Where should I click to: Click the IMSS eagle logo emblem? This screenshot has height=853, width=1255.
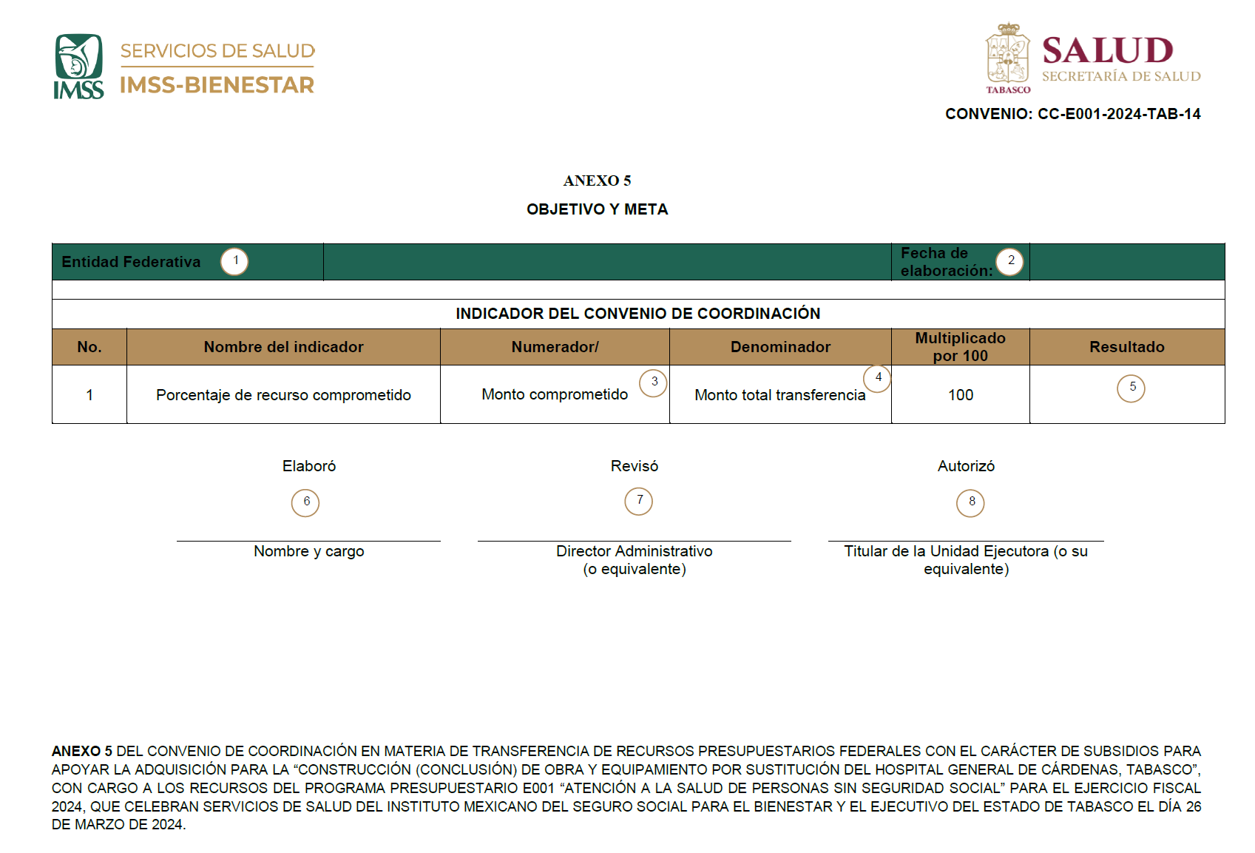[x=78, y=58]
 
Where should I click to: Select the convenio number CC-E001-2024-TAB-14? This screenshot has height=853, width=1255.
[x=1119, y=114]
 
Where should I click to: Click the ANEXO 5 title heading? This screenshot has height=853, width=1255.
[x=597, y=181]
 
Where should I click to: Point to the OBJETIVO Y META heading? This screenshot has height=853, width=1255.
[x=597, y=209]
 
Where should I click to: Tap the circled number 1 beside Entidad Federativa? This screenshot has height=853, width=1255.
[x=234, y=261]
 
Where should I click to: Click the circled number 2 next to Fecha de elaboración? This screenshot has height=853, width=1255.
[x=1009, y=261]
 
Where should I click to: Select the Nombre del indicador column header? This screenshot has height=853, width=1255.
[x=283, y=347]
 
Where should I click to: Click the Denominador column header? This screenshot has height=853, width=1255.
[x=780, y=347]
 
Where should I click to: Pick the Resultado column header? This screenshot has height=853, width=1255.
[x=1126, y=347]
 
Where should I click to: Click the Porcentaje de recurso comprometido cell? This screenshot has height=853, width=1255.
[x=283, y=395]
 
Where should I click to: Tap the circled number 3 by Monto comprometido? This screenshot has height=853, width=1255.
[x=653, y=382]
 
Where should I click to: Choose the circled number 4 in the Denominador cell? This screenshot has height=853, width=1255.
[x=877, y=378]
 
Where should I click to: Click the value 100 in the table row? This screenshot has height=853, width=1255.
[x=960, y=395]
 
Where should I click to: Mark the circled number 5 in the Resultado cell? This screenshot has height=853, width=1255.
[x=1131, y=388]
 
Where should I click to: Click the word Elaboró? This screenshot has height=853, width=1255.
[x=309, y=466]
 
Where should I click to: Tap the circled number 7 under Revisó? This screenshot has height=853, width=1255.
[x=639, y=501]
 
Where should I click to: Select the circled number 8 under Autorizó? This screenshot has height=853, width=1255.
[x=970, y=502]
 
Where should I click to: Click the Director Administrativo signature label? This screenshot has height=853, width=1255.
[x=634, y=552]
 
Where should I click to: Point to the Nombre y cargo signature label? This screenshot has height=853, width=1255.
[x=308, y=551]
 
